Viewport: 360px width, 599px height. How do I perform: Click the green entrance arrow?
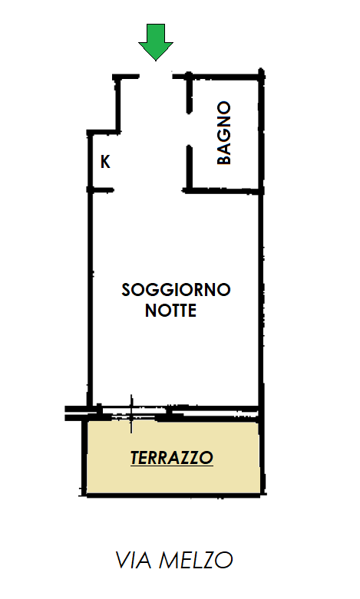pyautogui.click(x=156, y=42)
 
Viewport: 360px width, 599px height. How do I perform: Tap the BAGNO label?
pyautogui.click(x=224, y=133)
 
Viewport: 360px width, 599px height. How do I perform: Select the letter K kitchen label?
pyautogui.click(x=105, y=162)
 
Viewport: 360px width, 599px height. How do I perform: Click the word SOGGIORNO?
pyautogui.click(x=177, y=290)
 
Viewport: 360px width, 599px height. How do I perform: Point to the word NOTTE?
pyautogui.click(x=171, y=310)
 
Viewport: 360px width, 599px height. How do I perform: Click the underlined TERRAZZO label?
pyautogui.click(x=172, y=458)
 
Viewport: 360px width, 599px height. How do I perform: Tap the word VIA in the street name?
pyautogui.click(x=134, y=560)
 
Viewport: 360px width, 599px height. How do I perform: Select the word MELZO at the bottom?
pyautogui.click(x=196, y=560)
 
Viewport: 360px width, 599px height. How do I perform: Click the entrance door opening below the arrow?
pyautogui.click(x=156, y=77)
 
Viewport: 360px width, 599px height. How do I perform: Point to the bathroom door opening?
pyautogui.click(x=189, y=129)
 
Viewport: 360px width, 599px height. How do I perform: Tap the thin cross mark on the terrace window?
pyautogui.click(x=131, y=414)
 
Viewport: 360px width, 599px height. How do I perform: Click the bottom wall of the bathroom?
pyautogui.click(x=223, y=190)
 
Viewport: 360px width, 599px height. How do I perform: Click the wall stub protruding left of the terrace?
pyautogui.click(x=77, y=413)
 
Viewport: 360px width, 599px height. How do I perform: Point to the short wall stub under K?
pyautogui.click(x=100, y=189)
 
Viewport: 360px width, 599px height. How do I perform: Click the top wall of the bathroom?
pyautogui.click(x=218, y=76)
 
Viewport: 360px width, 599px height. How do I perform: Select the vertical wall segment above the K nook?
pyautogui.click(x=117, y=104)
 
